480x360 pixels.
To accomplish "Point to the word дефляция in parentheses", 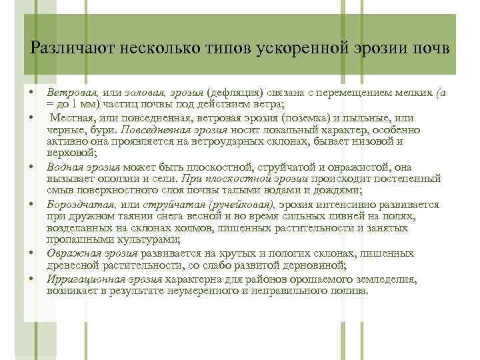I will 236,94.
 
